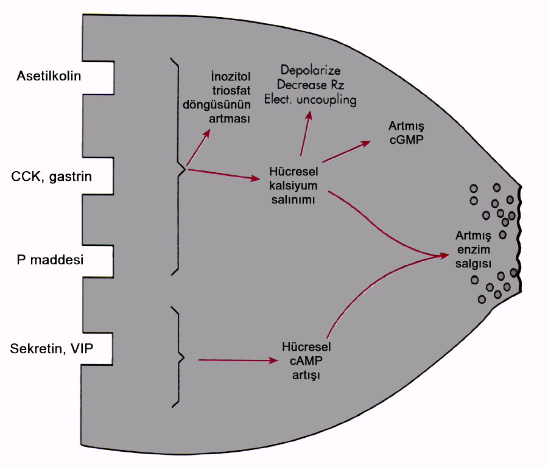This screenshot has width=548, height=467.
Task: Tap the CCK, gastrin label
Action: [x=52, y=177]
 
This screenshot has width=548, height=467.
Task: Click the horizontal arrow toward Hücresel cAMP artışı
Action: [x=237, y=361]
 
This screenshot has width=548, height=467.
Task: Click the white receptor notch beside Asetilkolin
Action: [x=99, y=76]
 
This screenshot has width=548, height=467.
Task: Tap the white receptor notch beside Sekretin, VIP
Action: [x=99, y=349]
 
